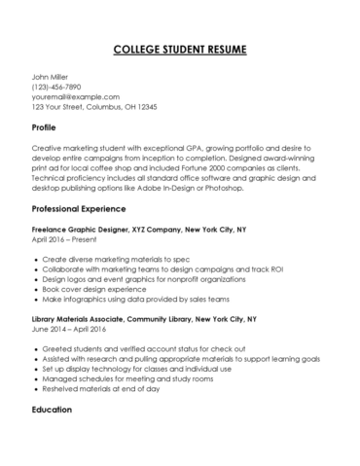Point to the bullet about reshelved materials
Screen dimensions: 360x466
pyautogui.click(x=115, y=388)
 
